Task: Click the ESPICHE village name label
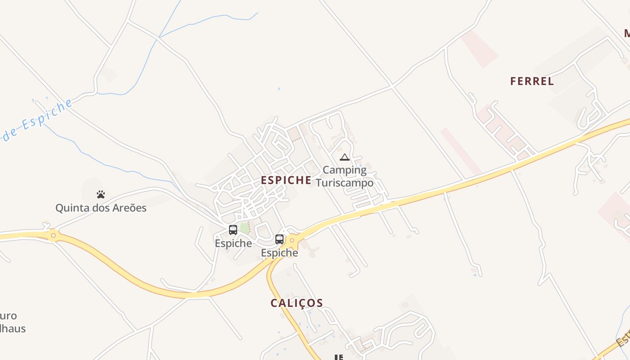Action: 286,180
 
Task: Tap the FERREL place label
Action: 532,81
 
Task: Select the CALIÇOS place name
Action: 297,303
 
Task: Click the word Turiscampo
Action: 345,183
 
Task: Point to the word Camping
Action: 345,170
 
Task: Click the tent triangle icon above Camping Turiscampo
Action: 345,157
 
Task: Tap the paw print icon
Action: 101,194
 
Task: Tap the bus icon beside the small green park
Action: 233,230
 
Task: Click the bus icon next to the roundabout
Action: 279,239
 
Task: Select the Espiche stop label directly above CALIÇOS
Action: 279,253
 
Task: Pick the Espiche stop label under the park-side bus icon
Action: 233,243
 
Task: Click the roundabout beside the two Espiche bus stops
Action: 292,240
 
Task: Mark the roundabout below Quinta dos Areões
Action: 54,235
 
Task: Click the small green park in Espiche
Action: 244,228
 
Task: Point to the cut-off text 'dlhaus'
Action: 13,328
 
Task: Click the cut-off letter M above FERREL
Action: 626,33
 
